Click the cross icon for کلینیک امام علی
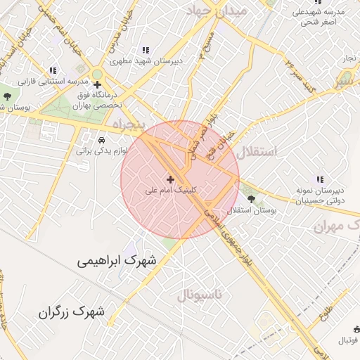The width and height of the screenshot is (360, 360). click(169, 179)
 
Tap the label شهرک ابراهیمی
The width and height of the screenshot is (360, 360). click(119, 261)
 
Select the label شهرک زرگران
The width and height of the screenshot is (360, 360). click(72, 310)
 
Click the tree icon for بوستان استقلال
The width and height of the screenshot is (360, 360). click(251, 200)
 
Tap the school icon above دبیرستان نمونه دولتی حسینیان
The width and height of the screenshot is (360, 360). click(320, 179)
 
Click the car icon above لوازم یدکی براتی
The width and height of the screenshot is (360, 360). click(102, 140)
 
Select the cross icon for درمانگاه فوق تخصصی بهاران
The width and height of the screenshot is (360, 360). click(97, 84)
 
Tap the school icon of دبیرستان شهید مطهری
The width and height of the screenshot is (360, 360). click(146, 51)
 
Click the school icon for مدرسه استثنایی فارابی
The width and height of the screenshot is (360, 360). click(52, 70)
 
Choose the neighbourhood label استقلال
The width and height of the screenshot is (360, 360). click(258, 151)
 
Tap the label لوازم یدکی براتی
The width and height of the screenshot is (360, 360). click(93, 150)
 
